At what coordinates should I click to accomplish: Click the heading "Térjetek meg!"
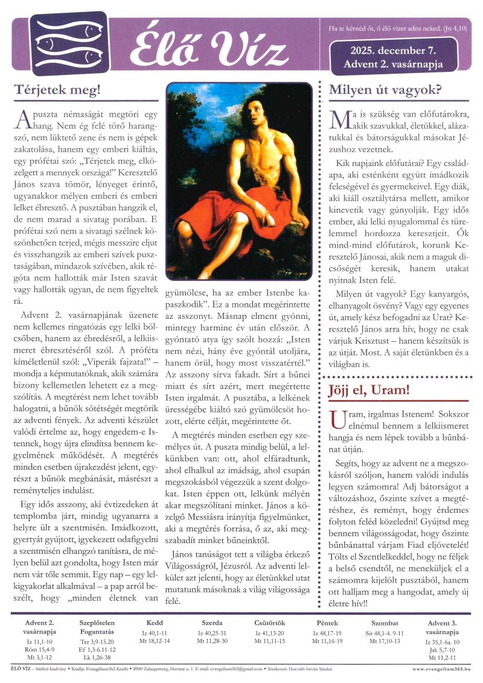click(57, 91)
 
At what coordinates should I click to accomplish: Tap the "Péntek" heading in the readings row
click(327, 622)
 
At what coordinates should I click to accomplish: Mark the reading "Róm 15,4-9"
click(40, 649)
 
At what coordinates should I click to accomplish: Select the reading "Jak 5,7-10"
click(446, 649)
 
